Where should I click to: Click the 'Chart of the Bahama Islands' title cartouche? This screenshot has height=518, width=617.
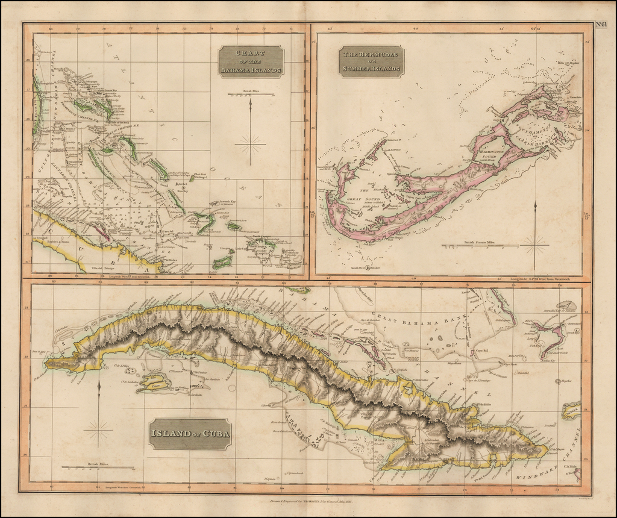[x=251, y=61]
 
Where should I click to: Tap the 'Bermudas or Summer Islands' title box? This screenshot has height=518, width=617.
[x=371, y=61]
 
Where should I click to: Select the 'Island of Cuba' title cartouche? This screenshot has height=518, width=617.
[x=190, y=434]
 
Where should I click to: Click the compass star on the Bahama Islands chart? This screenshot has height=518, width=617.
[x=250, y=144]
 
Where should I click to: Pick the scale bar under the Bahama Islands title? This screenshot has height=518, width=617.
[x=250, y=94]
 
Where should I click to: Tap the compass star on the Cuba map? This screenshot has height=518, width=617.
[x=99, y=429]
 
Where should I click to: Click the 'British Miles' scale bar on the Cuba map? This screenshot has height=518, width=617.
[x=98, y=467]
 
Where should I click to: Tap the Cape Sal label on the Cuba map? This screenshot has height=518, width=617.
[x=481, y=350]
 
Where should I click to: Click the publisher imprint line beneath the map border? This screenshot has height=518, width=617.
[x=307, y=501]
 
